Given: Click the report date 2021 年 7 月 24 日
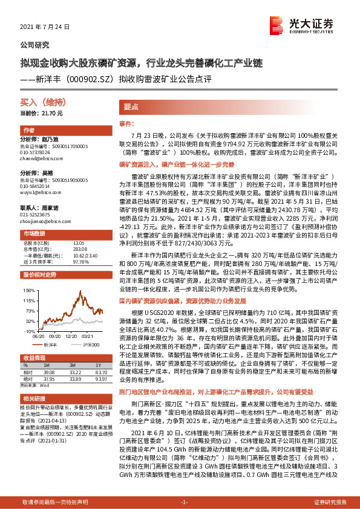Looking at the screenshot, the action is click(x=46, y=28).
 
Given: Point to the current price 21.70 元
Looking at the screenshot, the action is click(x=42, y=114).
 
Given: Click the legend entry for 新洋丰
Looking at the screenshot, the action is click(x=51, y=344).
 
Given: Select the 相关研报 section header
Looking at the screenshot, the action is click(x=33, y=400).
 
